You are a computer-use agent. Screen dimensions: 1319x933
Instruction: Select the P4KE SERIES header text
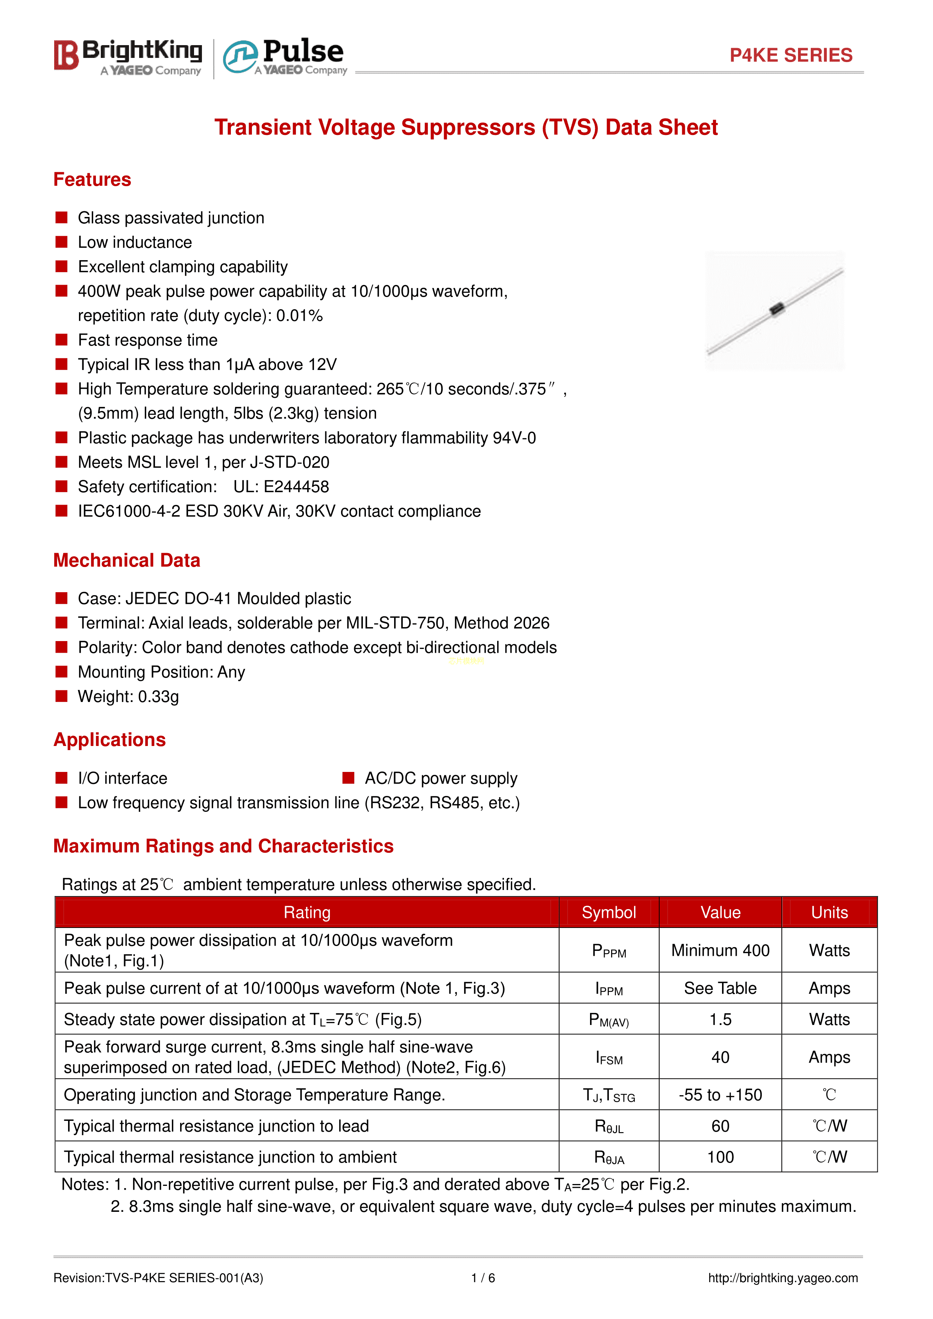(790, 55)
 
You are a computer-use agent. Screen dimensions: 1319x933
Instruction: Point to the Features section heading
(92, 179)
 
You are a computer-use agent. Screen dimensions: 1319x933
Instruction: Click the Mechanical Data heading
(126, 560)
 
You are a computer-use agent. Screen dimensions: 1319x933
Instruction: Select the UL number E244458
(296, 487)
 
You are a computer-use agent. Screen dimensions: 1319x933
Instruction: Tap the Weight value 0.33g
(158, 696)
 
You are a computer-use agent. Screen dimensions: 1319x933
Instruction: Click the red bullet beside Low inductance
(61, 242)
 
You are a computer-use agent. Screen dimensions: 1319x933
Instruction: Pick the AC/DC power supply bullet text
(441, 778)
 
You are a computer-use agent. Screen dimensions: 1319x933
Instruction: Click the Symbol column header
(608, 912)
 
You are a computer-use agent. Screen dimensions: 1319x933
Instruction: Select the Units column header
(829, 912)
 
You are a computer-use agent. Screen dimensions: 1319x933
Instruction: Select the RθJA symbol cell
(608, 1157)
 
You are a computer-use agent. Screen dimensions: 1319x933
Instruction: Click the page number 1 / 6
(482, 1278)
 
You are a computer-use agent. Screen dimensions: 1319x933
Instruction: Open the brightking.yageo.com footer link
(783, 1278)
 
